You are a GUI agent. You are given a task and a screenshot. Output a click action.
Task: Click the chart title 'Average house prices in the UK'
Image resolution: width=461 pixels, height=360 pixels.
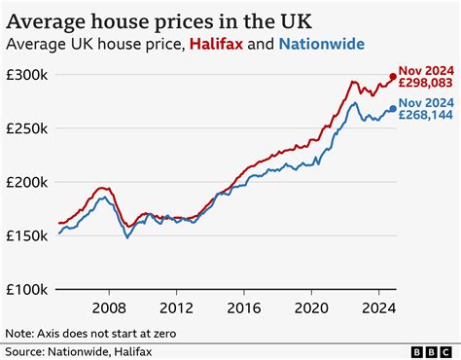tap(160, 18)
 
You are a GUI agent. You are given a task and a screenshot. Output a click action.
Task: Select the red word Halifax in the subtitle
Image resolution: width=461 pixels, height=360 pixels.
tap(222, 44)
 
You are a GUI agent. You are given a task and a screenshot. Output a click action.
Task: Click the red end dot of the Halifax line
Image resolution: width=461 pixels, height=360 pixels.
tap(393, 77)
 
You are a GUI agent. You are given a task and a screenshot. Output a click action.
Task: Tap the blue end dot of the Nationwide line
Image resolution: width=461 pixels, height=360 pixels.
tap(393, 109)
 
